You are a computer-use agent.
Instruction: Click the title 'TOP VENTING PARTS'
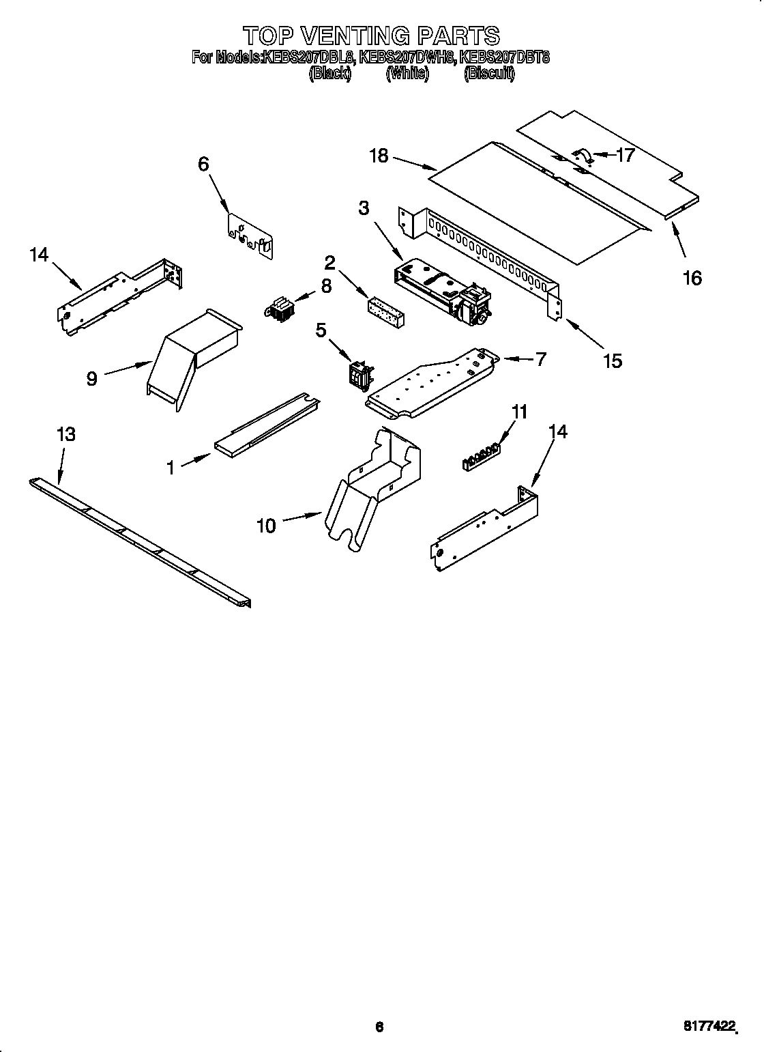click(372, 35)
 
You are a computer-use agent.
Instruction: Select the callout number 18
click(379, 156)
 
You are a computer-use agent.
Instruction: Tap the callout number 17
click(625, 155)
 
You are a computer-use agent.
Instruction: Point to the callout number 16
click(692, 278)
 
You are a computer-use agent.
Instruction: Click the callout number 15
click(613, 360)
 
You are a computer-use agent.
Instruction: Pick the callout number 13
click(66, 433)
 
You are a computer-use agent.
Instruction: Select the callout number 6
click(203, 164)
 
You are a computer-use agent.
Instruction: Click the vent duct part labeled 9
click(194, 355)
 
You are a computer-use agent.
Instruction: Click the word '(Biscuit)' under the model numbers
click(489, 74)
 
